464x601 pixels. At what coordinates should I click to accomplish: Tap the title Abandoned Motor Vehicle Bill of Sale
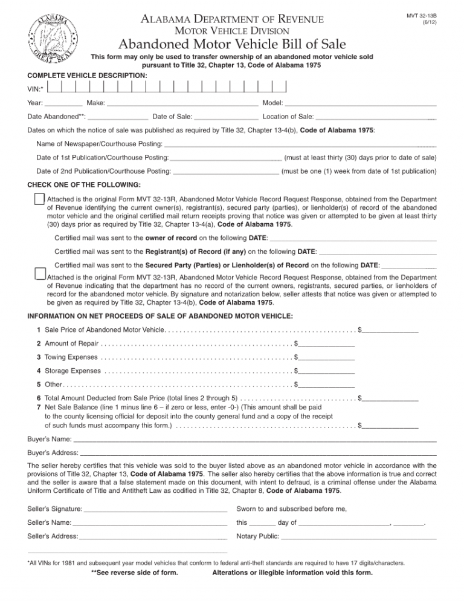232,44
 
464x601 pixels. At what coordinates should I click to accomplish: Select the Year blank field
63,104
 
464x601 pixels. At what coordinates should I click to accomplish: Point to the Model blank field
361,104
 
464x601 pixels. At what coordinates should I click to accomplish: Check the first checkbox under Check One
39,199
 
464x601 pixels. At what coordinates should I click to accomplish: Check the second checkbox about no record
39,273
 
